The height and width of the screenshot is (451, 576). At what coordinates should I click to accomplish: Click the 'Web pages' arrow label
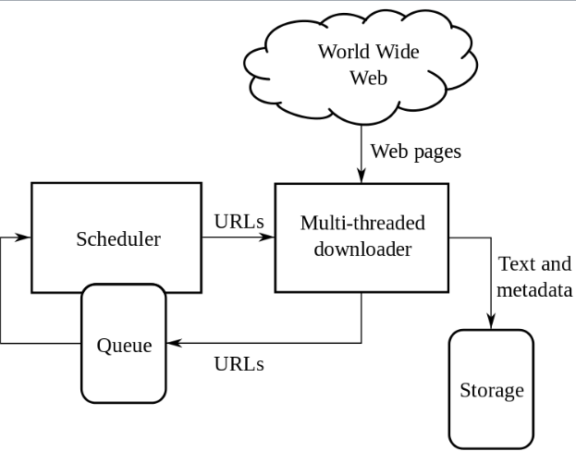click(414, 150)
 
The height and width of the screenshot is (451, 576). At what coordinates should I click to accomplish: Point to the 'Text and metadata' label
click(534, 276)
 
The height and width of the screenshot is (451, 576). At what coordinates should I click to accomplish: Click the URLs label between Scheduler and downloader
click(239, 222)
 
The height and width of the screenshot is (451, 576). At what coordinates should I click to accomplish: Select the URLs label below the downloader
click(239, 363)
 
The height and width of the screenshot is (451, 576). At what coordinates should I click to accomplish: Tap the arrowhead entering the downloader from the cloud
click(362, 177)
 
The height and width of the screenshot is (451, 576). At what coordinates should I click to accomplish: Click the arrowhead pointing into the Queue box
click(173, 343)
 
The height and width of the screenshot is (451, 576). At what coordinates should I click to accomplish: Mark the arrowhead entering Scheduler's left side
click(26, 238)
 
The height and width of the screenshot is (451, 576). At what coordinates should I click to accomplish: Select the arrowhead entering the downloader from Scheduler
click(269, 238)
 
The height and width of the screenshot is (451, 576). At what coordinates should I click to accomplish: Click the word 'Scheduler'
click(117, 239)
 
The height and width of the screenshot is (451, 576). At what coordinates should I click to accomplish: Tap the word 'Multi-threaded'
click(362, 224)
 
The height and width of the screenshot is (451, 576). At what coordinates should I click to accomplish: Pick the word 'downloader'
click(362, 250)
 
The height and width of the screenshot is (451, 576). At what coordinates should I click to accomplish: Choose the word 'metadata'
click(534, 289)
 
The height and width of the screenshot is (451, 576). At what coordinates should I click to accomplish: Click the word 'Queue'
click(124, 347)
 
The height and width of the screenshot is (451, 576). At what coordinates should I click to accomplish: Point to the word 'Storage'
click(491, 390)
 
